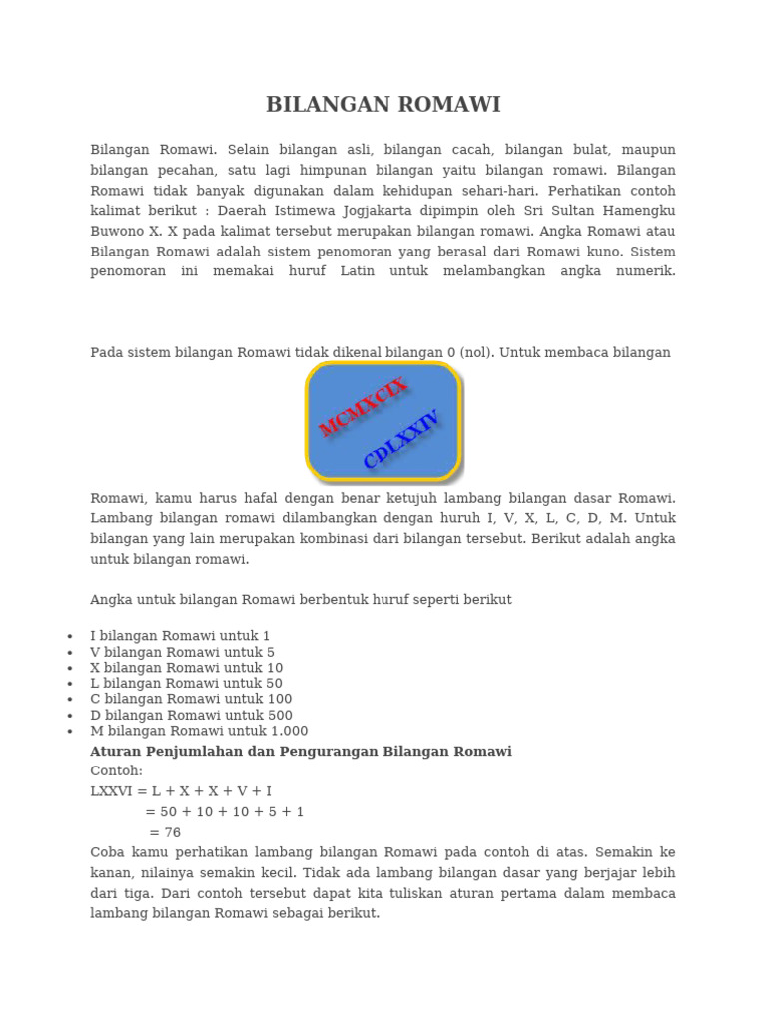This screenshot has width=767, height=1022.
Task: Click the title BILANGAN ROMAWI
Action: (x=383, y=105)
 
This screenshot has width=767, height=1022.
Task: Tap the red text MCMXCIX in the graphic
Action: (x=363, y=407)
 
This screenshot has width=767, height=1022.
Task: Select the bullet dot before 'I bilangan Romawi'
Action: (x=69, y=636)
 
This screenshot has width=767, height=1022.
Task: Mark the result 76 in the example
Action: (x=172, y=832)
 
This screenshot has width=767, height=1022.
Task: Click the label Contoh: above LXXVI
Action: (x=116, y=771)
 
